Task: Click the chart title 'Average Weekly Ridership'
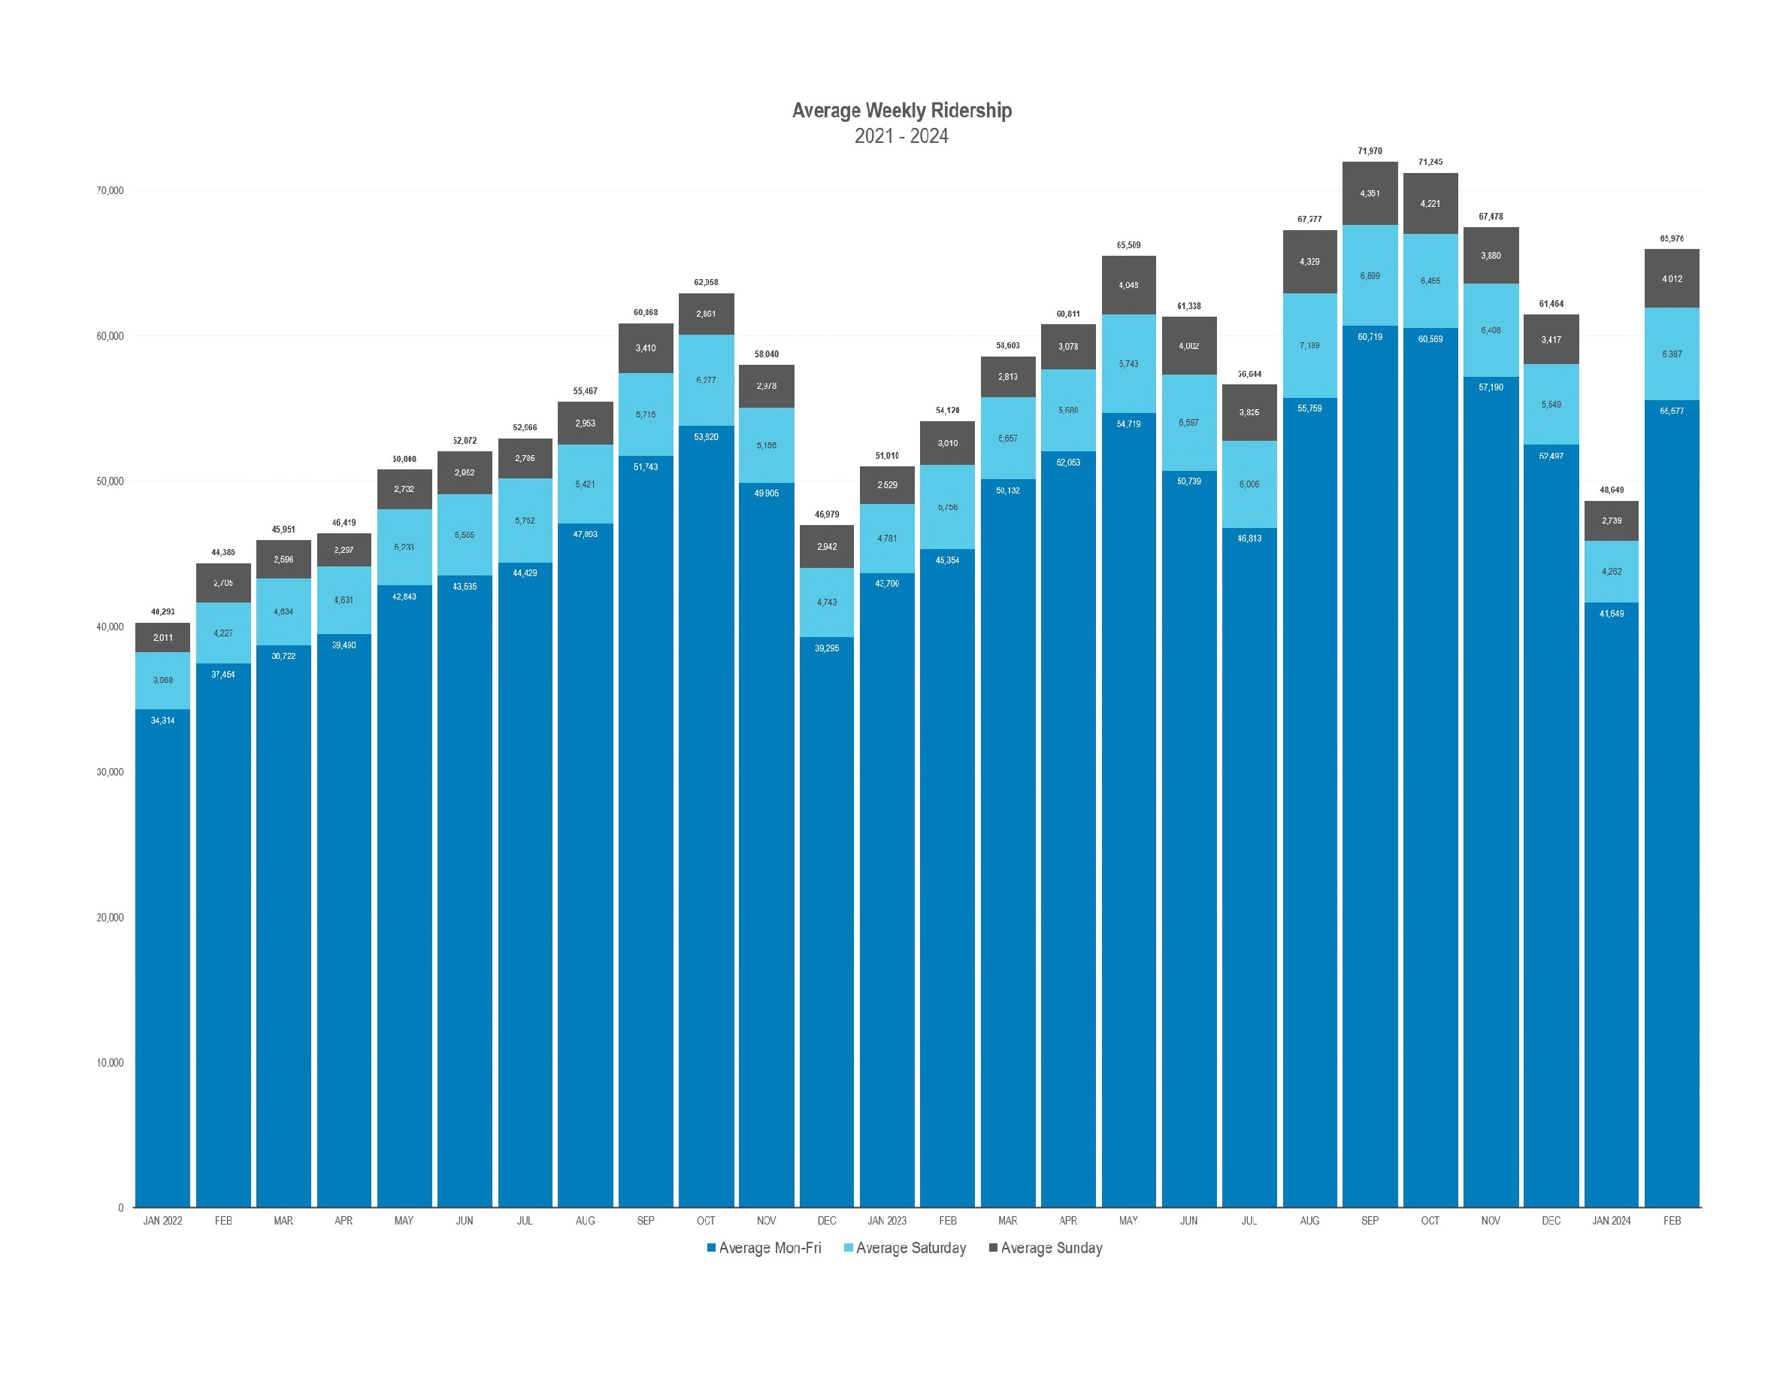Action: [901, 111]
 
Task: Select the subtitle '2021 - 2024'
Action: [901, 136]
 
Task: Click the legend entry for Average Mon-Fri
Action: [764, 1248]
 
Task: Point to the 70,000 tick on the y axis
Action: [110, 190]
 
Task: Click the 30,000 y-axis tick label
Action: [110, 772]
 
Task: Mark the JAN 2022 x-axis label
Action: [162, 1221]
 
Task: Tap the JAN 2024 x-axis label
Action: [1611, 1221]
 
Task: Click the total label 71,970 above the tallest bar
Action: [1370, 151]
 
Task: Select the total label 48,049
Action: [1611, 490]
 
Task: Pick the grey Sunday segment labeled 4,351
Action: [1370, 194]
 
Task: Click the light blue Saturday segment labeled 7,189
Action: [1309, 345]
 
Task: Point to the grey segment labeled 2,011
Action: [162, 637]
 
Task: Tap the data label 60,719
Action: [1370, 337]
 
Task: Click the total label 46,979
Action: [827, 514]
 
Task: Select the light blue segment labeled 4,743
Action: [827, 602]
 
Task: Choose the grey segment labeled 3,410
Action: [645, 348]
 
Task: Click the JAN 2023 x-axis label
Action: [887, 1221]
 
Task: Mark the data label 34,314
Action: [162, 721]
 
